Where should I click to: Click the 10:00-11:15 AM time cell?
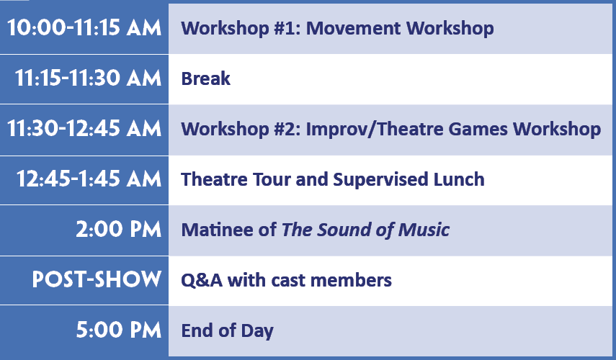[x=84, y=28]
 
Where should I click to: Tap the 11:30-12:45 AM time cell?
[x=84, y=129]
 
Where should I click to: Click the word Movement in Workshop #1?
[x=354, y=28]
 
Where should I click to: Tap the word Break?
[x=205, y=78]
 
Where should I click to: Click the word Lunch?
[x=459, y=179]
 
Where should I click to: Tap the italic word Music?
[x=424, y=230]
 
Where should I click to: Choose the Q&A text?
[x=202, y=280]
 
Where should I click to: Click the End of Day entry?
[x=227, y=330]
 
